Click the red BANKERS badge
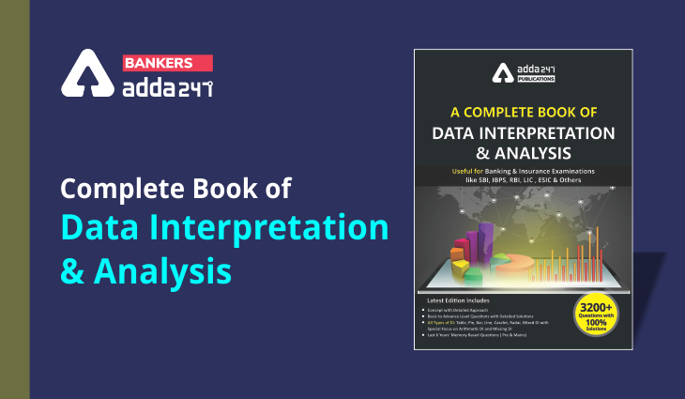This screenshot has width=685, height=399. point(159,63)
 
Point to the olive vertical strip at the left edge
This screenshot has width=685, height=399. point(14,199)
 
